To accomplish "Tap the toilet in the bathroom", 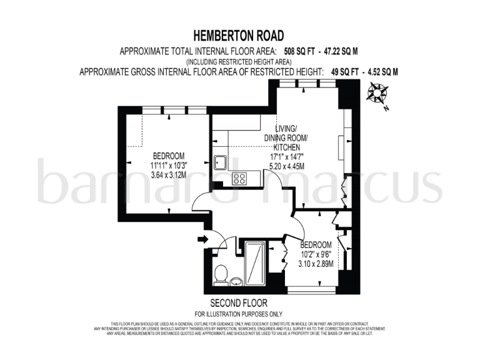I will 220,273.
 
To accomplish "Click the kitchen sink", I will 220,162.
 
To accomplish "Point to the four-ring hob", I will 239,179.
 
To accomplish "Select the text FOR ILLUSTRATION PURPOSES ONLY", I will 239,313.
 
